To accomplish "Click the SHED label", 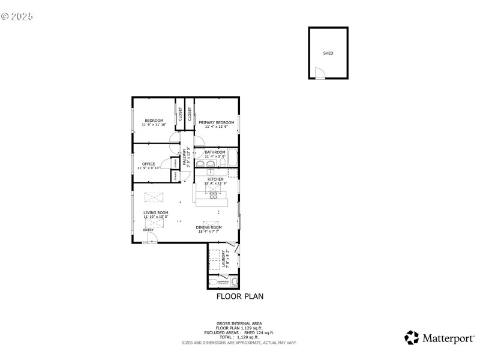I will point(328,53).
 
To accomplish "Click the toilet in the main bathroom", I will point(222,163).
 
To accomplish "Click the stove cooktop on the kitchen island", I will point(214,195).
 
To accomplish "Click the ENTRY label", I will point(148,230).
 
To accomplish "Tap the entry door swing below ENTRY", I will point(152,238).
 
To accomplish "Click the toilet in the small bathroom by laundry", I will point(214,281).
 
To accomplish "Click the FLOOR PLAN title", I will point(239,296).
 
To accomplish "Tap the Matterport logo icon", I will point(411,338).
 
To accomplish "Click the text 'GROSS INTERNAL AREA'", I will point(239,323).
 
